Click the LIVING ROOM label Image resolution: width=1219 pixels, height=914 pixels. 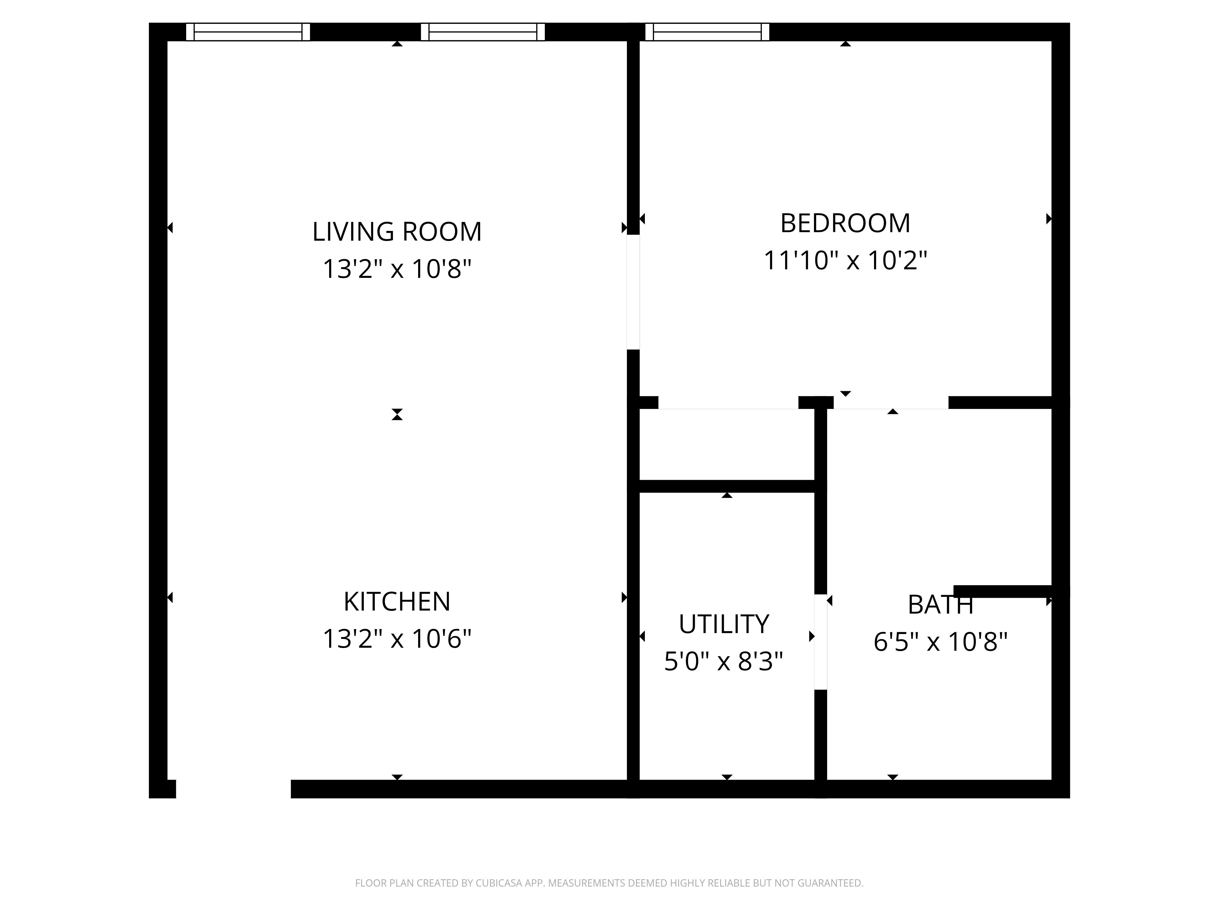[397, 231]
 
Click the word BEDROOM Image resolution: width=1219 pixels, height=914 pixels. [845, 223]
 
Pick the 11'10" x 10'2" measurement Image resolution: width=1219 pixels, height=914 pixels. [845, 260]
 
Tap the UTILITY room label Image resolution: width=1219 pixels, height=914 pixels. [723, 624]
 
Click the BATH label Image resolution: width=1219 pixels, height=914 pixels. [940, 605]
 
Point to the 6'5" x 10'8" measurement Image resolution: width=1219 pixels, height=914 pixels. [940, 642]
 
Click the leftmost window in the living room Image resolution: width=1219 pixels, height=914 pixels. [248, 32]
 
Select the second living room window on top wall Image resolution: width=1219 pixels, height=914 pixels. [483, 32]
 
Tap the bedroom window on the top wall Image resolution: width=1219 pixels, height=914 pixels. [707, 32]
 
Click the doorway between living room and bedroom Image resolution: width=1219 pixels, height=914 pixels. [633, 292]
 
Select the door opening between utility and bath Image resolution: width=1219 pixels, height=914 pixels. [821, 642]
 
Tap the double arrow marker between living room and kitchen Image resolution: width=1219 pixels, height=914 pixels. [397, 414]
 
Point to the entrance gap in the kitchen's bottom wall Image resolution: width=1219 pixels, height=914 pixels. [233, 789]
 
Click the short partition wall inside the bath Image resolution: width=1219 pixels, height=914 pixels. [1003, 591]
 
